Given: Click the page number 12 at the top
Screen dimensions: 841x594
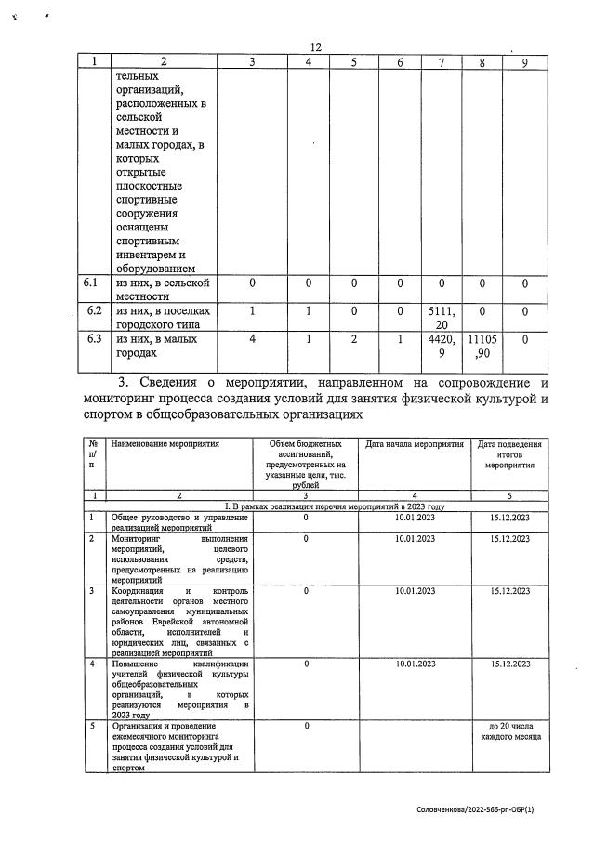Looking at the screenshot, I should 315,48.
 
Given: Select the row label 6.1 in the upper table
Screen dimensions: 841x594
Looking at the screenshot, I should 92,283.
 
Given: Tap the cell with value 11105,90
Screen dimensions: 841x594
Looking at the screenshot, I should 482,347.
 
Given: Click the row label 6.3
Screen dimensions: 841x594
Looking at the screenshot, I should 92,340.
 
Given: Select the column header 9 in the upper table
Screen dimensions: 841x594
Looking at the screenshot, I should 525,62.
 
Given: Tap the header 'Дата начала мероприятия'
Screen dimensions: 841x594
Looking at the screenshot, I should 414,444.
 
